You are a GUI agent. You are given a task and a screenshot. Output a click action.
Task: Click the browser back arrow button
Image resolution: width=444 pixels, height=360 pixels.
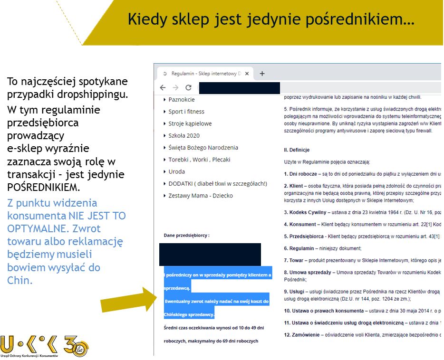(163, 88)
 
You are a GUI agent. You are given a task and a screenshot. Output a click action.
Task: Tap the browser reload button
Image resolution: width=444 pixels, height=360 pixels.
(188, 88)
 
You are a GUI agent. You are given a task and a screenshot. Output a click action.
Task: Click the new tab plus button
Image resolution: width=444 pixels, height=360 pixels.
(262, 74)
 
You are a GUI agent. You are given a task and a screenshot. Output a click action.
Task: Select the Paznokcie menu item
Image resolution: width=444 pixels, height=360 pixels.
(181, 100)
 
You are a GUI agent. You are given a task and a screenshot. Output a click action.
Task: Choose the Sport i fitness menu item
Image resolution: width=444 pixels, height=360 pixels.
(186, 112)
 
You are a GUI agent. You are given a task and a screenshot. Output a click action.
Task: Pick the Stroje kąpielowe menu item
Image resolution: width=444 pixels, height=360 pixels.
(190, 123)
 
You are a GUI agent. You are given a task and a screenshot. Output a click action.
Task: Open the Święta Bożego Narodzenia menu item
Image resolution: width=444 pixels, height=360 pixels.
(203, 148)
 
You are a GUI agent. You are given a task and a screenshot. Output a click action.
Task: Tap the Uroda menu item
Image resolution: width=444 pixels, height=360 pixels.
(176, 171)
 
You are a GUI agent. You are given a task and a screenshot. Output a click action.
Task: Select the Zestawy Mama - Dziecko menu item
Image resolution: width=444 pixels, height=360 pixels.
(201, 196)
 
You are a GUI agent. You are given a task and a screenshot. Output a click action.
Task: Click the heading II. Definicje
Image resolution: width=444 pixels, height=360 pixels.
(297, 150)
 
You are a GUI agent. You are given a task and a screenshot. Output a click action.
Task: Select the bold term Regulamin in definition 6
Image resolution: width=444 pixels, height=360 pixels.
(302, 248)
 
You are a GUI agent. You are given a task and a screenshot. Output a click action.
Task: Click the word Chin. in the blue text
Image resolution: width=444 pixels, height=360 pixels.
(19, 280)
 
